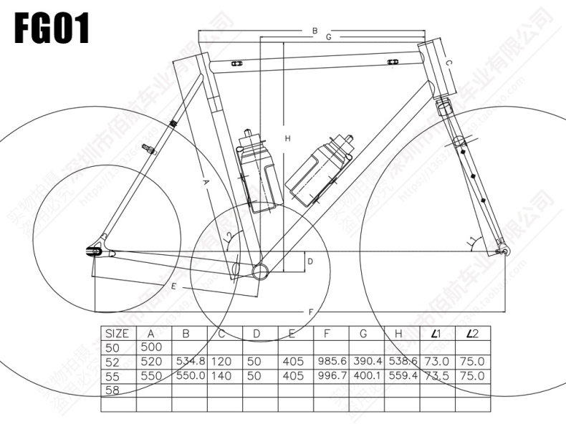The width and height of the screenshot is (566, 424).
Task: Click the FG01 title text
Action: click(x=52, y=30)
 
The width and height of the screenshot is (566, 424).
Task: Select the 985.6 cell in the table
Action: click(x=331, y=362)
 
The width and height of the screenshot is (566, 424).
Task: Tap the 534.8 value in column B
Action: click(x=190, y=362)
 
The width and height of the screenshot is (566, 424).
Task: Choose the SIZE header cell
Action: click(x=117, y=334)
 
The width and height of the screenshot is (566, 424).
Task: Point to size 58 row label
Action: click(x=113, y=390)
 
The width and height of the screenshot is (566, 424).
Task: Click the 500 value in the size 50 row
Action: click(x=151, y=347)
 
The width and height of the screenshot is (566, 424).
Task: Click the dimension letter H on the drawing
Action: click(x=287, y=138)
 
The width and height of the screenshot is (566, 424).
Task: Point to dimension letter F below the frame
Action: click(x=310, y=312)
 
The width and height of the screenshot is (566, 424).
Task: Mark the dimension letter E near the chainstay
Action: click(x=173, y=286)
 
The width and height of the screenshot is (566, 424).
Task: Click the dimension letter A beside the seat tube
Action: click(x=205, y=184)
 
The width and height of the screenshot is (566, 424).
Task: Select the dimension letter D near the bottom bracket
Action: click(x=310, y=262)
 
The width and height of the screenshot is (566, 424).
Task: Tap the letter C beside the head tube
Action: click(x=449, y=64)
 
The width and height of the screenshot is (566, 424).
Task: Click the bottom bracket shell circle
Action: click(x=262, y=269)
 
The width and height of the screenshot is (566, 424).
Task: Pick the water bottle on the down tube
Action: click(x=320, y=168)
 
